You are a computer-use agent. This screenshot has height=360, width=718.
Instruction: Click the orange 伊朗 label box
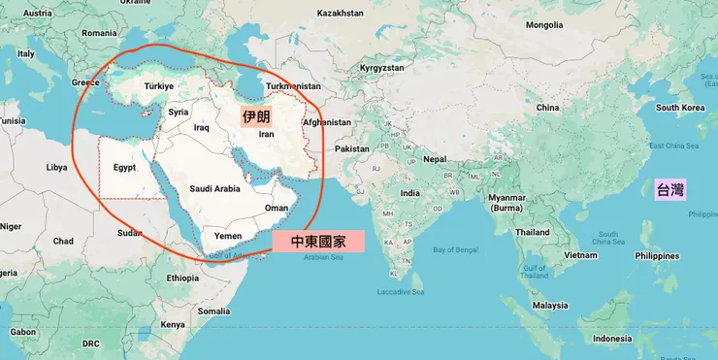(256, 116)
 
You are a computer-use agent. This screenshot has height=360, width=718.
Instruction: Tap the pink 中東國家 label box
(318, 241)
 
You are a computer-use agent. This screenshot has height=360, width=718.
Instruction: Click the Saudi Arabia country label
(214, 188)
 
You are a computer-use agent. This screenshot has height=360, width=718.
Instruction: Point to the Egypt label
(124, 167)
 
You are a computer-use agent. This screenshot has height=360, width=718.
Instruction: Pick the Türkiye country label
(158, 86)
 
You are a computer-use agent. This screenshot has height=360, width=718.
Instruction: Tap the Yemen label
(227, 236)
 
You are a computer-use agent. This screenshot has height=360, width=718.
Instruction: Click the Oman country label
(277, 208)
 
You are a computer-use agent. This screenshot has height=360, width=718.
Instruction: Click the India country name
(410, 193)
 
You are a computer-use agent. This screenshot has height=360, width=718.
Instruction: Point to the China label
(547, 107)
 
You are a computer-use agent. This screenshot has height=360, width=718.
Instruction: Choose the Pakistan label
(352, 148)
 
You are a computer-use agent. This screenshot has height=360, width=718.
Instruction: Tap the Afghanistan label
(326, 122)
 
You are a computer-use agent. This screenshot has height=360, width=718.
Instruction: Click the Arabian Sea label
(323, 258)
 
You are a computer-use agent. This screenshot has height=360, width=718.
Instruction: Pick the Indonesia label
(612, 338)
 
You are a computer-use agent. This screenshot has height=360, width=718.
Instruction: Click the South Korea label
(679, 107)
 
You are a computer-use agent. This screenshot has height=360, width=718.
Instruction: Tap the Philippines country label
(656, 256)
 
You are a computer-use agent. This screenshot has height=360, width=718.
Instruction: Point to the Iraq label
(202, 127)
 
